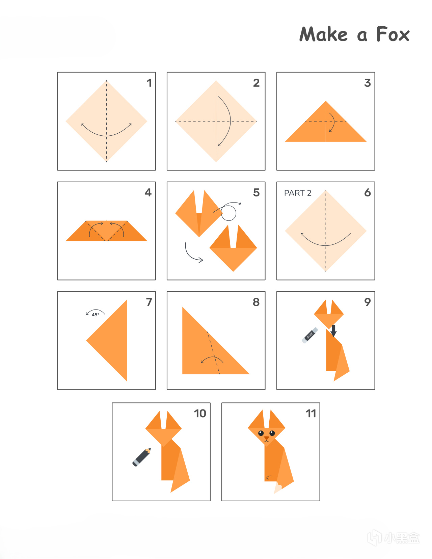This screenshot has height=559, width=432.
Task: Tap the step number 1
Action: click(x=149, y=83)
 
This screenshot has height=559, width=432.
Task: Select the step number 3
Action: click(x=368, y=83)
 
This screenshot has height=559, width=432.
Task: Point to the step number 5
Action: click(x=256, y=192)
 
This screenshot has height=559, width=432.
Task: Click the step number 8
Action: click(x=256, y=302)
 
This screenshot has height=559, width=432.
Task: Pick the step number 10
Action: click(x=200, y=414)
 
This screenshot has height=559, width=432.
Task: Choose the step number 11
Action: click(x=311, y=414)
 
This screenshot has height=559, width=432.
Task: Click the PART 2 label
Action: click(x=298, y=193)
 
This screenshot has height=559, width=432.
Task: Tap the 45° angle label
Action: click(x=96, y=315)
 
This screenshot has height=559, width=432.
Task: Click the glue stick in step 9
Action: click(x=310, y=335)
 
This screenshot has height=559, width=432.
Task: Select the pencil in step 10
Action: click(x=141, y=457)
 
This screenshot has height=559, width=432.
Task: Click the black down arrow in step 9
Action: click(x=333, y=330)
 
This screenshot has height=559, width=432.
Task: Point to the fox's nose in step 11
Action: click(x=267, y=438)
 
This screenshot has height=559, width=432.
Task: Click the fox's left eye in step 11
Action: click(x=261, y=433)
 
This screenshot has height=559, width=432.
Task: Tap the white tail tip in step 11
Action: click(x=278, y=488)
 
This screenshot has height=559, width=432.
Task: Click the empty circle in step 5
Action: click(x=228, y=213)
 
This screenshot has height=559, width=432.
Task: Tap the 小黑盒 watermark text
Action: click(x=402, y=538)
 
